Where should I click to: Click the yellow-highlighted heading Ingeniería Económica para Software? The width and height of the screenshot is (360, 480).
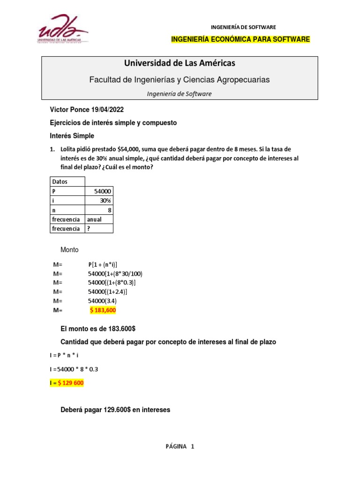coord(241,39)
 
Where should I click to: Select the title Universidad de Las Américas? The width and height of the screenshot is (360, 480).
coord(180,63)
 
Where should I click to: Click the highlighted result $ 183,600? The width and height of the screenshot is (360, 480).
coord(103,310)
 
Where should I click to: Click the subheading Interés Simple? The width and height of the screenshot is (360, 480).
coord(72,136)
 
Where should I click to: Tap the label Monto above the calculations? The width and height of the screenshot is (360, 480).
coord(70,250)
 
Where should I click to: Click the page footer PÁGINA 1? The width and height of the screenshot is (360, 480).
coord(180,446)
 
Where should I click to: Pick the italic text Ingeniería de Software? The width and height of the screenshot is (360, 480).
coord(180,94)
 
